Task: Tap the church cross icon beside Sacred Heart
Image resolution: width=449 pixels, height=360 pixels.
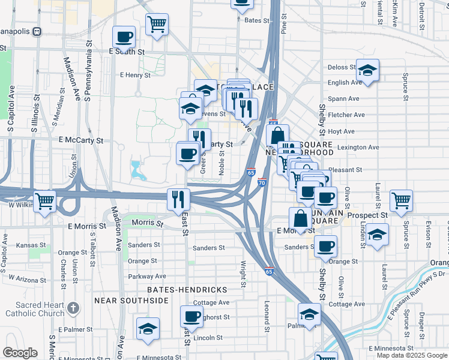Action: click(x=73, y=309)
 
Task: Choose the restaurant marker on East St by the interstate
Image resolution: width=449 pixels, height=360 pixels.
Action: click(x=178, y=199)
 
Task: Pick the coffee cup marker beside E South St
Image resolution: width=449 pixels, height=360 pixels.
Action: click(x=124, y=37)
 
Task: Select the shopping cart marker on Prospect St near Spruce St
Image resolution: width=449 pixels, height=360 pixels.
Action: click(x=401, y=201)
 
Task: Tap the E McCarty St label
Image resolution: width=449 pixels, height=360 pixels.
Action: click(x=81, y=140)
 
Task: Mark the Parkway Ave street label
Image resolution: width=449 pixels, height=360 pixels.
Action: click(x=147, y=276)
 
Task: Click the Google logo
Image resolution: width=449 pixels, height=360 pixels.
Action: click(x=20, y=353)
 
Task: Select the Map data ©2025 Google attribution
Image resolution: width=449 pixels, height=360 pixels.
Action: click(x=412, y=355)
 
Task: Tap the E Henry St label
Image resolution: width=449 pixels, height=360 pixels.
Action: click(x=135, y=75)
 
